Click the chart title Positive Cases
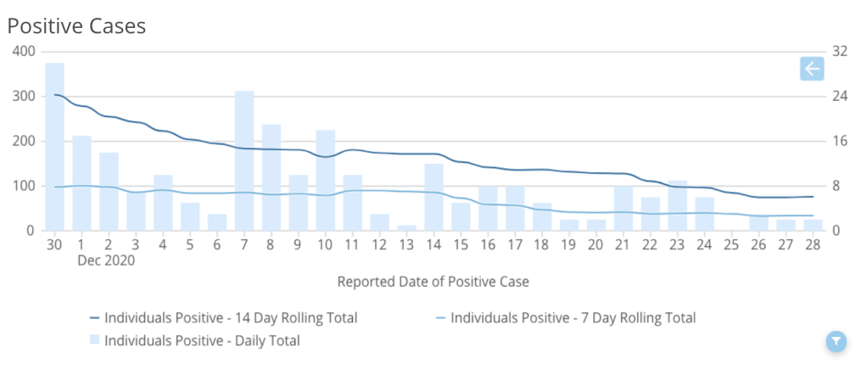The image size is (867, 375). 77,26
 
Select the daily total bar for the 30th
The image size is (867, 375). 55,146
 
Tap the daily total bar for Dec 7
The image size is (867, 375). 244,160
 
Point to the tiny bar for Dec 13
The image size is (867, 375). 407,227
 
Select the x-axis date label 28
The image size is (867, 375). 813,245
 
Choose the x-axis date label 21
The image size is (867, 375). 623,245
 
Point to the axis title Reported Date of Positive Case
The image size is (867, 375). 433,282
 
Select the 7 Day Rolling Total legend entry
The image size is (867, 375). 573,318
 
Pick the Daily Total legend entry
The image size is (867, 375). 202,341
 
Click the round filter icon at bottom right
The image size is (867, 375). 836,341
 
